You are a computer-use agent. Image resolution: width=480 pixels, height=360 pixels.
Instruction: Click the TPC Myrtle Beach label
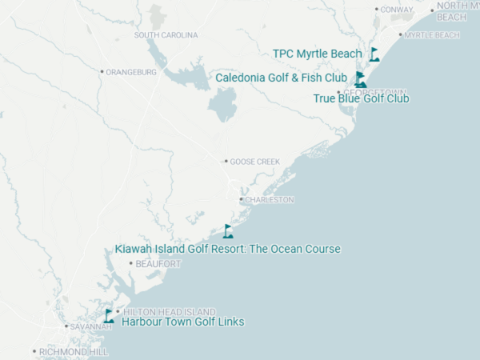click(318, 54)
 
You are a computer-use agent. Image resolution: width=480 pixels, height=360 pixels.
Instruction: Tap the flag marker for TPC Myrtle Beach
click(374, 54)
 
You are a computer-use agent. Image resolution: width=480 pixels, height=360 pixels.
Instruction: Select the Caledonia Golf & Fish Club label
click(282, 78)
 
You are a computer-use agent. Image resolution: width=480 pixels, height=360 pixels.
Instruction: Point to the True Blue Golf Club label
click(362, 98)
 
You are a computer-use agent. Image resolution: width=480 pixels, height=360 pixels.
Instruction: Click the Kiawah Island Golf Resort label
click(228, 249)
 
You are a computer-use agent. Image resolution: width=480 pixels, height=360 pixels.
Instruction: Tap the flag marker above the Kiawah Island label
click(228, 231)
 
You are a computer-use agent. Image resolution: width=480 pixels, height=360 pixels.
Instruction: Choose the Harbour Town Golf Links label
click(182, 322)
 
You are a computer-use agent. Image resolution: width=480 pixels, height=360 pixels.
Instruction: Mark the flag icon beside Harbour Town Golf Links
click(109, 316)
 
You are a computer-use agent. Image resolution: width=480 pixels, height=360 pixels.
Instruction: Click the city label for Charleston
click(270, 199)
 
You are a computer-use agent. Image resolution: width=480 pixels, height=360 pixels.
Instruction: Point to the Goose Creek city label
click(255, 162)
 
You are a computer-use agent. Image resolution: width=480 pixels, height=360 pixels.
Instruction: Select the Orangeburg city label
click(132, 72)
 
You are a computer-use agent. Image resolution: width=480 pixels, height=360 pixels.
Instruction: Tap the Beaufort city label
click(158, 263)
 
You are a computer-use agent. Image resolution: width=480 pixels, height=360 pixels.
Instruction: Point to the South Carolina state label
click(166, 35)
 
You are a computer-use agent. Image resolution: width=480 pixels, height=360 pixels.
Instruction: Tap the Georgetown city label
click(376, 92)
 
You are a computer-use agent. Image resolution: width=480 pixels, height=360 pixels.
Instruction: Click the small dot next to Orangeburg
click(102, 72)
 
